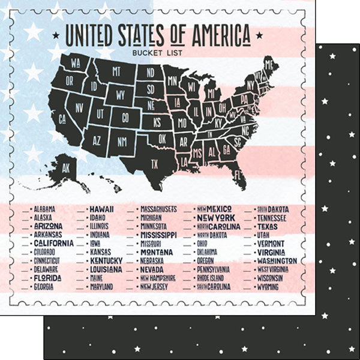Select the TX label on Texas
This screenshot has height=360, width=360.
pos(154,163)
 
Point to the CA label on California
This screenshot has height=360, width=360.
pos(62,118)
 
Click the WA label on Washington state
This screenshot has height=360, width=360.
pos(76,62)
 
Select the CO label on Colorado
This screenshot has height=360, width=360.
pos(126,117)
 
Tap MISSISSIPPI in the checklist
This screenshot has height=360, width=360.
pos(158,235)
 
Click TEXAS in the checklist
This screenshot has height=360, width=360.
pos(267,226)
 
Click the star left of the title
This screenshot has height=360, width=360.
pos(56,36)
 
